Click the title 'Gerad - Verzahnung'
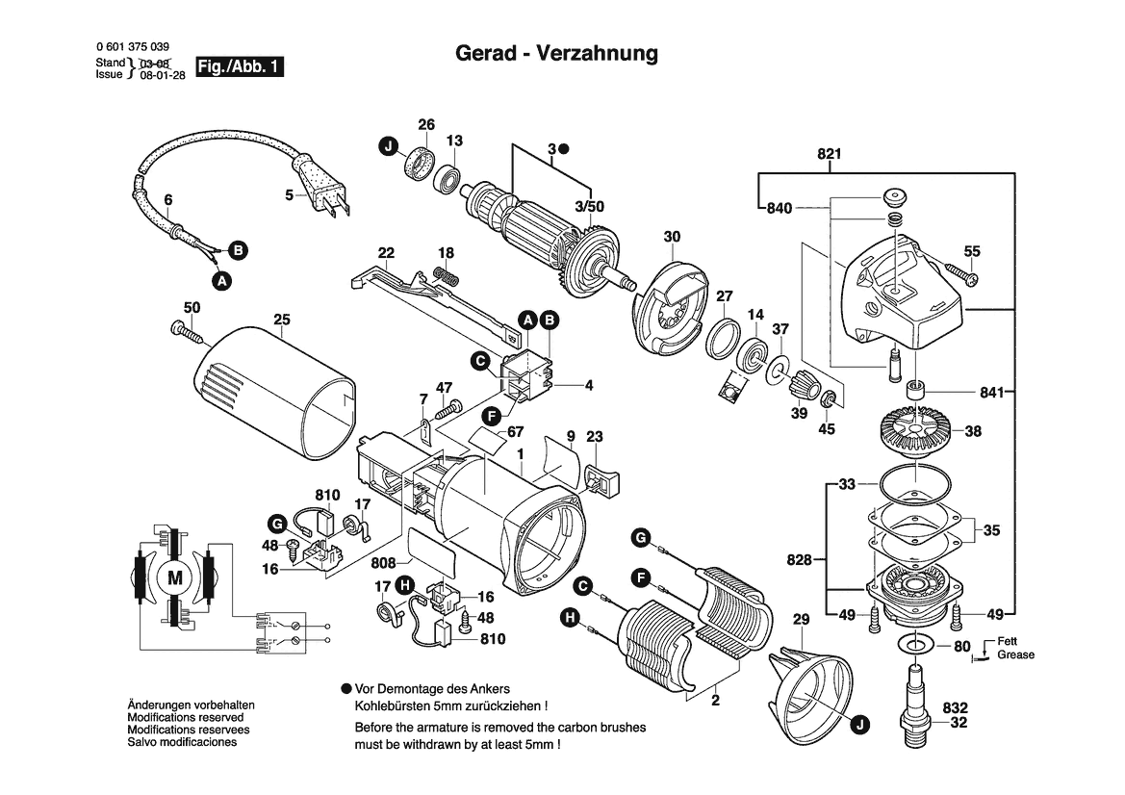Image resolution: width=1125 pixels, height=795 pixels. tap(556, 54)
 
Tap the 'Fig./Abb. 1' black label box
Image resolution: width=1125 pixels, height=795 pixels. tap(240, 67)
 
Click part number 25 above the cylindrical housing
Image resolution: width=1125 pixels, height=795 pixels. tap(281, 319)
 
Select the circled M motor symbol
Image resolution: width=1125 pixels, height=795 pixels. tap(174, 577)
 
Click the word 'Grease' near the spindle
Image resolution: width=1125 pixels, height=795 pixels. tap(1015, 654)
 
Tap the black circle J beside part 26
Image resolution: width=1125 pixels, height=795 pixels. tap(387, 147)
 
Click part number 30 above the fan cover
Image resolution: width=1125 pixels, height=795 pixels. tap(672, 237)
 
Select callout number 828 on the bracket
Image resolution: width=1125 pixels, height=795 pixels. tap(799, 559)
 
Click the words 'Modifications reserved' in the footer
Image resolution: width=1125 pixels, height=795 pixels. tap(185, 717)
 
